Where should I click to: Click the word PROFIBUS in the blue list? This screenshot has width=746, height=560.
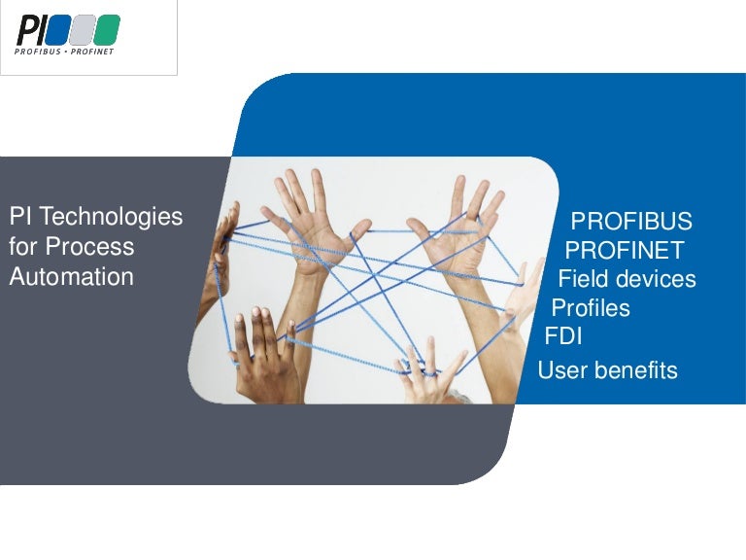(x=631, y=220)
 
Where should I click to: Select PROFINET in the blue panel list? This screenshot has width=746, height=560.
(x=625, y=250)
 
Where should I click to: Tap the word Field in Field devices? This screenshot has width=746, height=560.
(x=582, y=279)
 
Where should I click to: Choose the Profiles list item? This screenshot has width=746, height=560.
(x=591, y=308)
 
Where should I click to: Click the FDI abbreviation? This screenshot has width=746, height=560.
(x=563, y=337)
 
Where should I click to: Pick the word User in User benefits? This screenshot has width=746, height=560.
(x=560, y=370)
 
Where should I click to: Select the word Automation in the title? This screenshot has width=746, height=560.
(x=71, y=277)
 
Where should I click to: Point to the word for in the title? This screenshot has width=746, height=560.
(x=23, y=247)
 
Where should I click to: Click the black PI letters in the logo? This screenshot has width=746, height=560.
(x=31, y=30)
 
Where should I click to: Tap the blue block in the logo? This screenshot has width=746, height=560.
(x=58, y=30)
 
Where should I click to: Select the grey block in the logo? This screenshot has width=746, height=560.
(x=83, y=30)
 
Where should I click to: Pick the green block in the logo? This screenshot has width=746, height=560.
(x=107, y=30)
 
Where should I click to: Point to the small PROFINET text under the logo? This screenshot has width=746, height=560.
(x=92, y=52)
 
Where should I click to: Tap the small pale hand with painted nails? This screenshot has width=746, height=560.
(x=427, y=374)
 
